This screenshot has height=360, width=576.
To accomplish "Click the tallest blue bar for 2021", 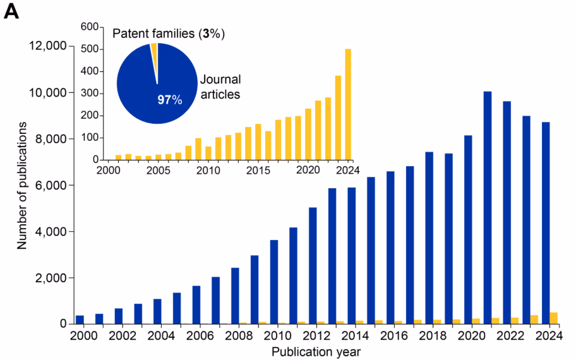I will click(x=488, y=208).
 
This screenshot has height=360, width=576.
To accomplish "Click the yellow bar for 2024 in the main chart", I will click(x=554, y=318).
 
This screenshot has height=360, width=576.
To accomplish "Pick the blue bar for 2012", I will click(x=313, y=265).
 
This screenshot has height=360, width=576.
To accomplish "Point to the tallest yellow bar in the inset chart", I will click(x=348, y=104).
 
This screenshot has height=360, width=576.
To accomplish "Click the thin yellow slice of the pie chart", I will click(x=153, y=54).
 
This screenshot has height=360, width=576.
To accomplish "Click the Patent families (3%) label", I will click(x=169, y=32).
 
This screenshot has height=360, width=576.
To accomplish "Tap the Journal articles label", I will click(x=220, y=87).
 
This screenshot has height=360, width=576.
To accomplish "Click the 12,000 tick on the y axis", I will click(x=48, y=46).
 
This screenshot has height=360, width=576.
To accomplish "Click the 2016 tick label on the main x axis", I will click(x=395, y=336).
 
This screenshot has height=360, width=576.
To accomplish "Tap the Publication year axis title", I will click(x=316, y=351).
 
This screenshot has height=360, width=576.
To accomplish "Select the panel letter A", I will click(x=11, y=13).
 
